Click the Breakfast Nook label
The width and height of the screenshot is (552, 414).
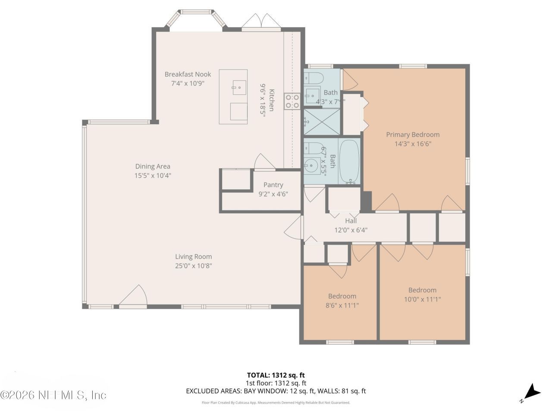tap(188, 74)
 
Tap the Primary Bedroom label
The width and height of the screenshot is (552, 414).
tap(413, 135)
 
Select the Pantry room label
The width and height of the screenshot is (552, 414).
tap(273, 185)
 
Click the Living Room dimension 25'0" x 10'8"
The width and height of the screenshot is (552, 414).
tap(193, 266)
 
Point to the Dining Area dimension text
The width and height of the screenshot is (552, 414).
tap(153, 176)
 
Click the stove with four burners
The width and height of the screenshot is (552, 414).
tap(292, 101)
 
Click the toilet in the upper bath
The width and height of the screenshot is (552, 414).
tap(313, 78)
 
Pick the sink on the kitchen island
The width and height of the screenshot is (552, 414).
tap(239, 88)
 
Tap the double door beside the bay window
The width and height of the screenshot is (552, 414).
tap(261, 22)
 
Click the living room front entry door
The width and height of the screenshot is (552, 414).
tap(133, 296)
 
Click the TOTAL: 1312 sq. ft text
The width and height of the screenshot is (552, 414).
tap(276, 375)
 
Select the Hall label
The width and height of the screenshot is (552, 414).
tap(351, 221)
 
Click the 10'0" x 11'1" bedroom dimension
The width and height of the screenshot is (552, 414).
tap(422, 299)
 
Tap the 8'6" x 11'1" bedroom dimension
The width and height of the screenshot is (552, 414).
tap(342, 305)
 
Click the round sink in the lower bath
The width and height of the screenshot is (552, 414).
tap(311, 165)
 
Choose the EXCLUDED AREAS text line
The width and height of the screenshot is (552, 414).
tap(276, 391)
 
